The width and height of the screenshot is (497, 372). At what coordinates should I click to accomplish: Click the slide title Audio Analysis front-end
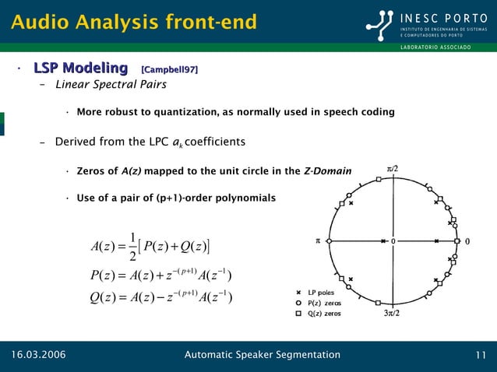pos(133,23)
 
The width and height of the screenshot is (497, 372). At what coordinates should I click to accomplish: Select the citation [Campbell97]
pos(169,71)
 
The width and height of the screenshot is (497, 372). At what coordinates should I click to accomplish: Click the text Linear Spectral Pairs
pos(111,85)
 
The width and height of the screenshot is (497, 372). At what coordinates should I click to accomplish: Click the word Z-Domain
pos(327,171)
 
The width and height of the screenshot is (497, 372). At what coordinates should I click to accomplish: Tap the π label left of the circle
pos(317,241)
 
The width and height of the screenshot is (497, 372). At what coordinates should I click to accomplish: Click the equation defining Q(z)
pos(162,297)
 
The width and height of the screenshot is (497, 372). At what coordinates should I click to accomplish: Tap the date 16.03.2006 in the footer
pos(38,356)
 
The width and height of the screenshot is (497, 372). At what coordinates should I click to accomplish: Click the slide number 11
pos(481,356)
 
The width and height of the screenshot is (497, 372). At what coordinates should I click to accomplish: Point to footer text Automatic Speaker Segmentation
pos(262,356)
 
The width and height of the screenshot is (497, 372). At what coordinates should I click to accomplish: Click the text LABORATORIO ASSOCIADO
pos(435,48)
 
